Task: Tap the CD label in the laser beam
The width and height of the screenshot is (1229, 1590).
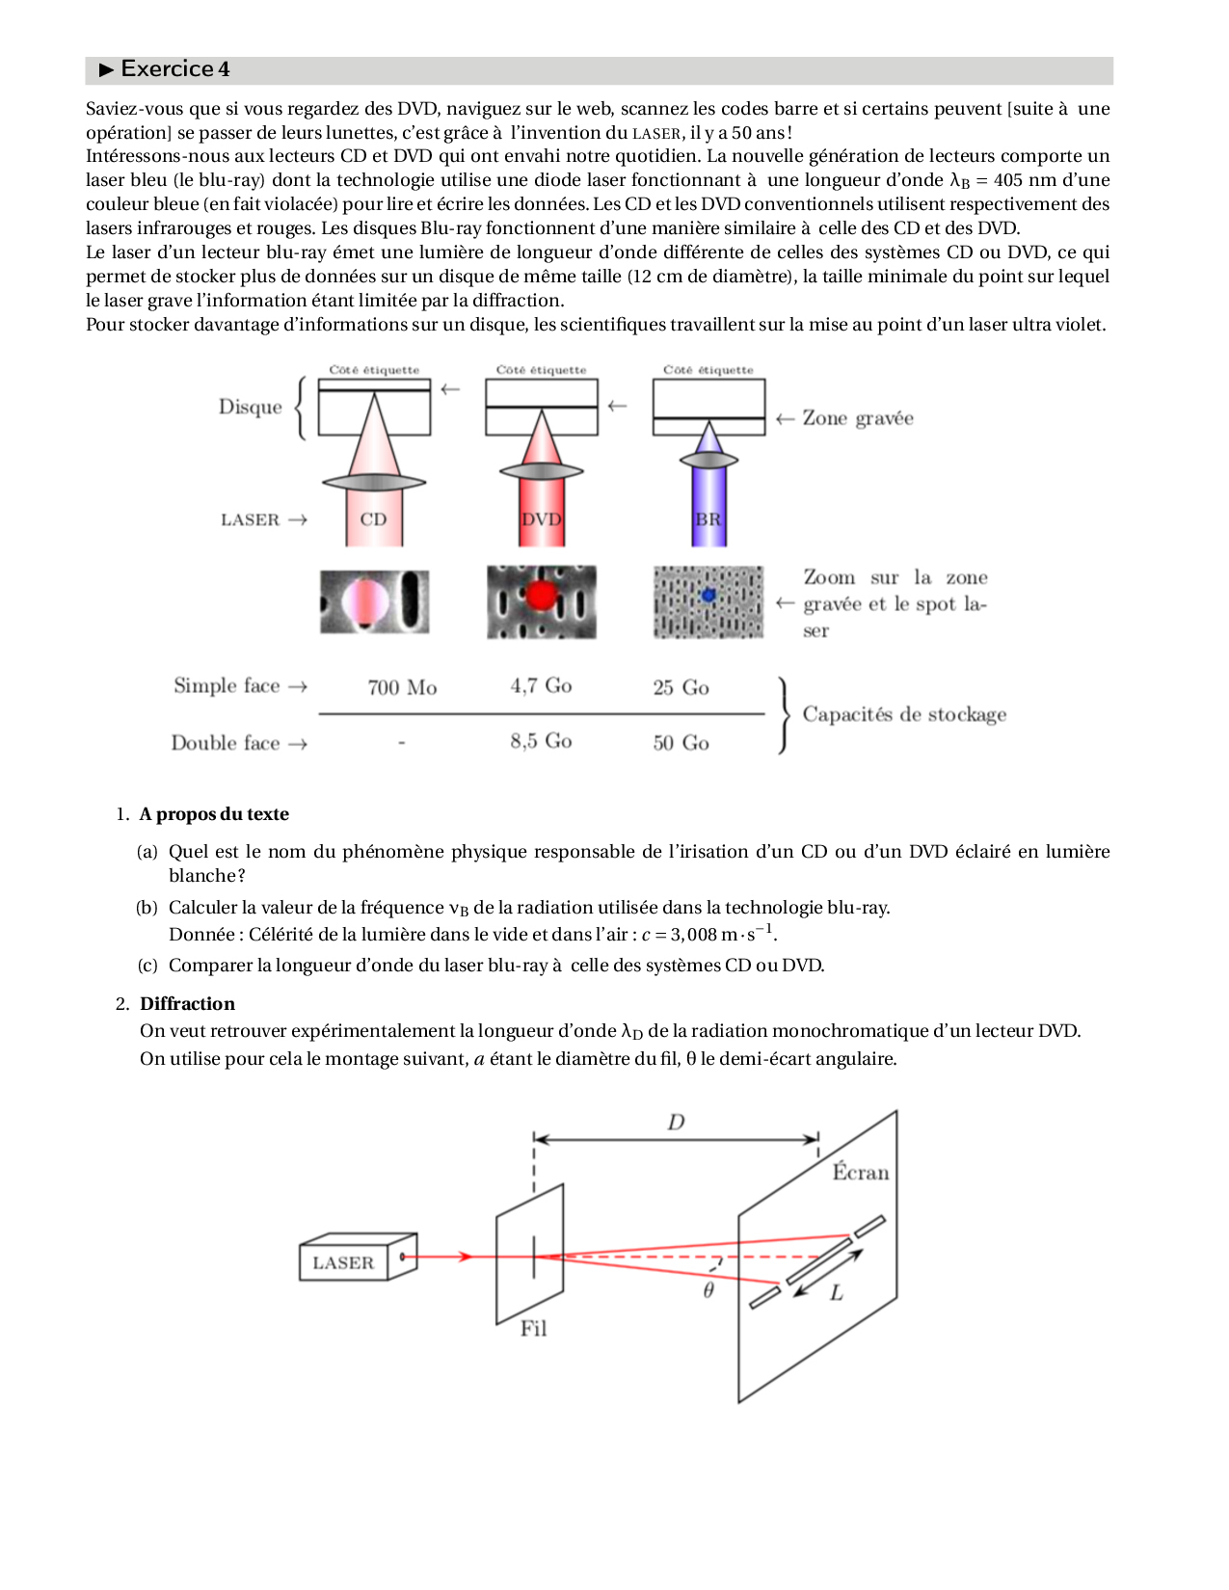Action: [x=373, y=519]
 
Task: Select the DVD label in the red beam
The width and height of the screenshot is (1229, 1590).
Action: [x=541, y=519]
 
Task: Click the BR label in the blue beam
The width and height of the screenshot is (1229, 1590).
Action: [x=708, y=519]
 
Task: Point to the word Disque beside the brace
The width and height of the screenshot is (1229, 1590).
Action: [x=251, y=407]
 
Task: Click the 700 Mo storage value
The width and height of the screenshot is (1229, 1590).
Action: [x=402, y=687]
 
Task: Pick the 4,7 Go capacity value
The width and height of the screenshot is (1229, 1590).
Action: [x=541, y=685]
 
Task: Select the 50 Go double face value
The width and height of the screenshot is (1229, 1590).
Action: [x=681, y=743]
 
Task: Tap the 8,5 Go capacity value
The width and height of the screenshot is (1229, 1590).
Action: [x=541, y=741]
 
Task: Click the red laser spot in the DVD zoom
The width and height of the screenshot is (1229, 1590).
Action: [x=541, y=596]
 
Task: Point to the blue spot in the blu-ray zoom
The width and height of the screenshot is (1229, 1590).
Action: [x=708, y=596]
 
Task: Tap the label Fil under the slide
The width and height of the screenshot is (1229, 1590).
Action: [x=533, y=1328]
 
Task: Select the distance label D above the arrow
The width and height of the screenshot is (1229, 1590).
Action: [x=676, y=1122]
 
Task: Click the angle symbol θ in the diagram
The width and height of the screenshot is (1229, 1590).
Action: [x=708, y=1290]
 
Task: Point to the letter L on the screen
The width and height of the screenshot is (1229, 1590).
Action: [x=837, y=1293]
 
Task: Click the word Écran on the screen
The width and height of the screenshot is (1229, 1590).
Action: [x=861, y=1173]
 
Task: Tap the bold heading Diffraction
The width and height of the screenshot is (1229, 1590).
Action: [x=187, y=1004]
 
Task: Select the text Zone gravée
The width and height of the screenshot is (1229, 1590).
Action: [x=858, y=418]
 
